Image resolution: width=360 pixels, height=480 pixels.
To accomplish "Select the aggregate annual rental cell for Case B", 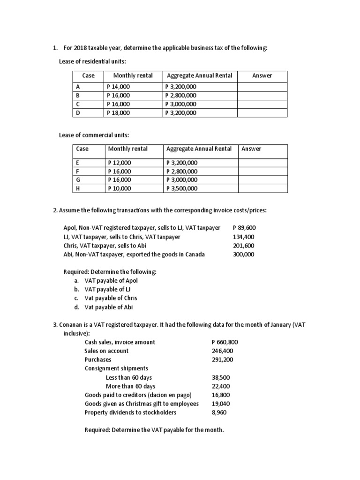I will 181,95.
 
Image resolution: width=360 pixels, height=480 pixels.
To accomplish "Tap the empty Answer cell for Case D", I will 262,112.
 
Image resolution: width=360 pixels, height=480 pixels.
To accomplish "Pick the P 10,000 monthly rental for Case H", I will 120,188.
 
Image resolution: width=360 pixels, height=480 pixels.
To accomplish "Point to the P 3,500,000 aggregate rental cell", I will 182,188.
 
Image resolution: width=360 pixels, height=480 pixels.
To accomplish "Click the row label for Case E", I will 78,163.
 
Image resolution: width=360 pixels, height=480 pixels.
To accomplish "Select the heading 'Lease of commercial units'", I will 94,135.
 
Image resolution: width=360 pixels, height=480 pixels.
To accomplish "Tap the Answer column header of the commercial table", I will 251,149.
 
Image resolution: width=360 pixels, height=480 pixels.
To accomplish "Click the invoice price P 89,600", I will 244,228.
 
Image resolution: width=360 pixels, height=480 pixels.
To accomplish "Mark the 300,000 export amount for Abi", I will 244,255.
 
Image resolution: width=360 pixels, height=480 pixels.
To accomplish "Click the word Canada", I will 195,255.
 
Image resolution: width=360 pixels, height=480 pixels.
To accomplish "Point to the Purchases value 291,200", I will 222,360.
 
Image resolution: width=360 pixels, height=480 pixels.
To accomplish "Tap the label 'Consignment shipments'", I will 116,368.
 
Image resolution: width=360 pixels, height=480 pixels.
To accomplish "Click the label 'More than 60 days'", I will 130,386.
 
